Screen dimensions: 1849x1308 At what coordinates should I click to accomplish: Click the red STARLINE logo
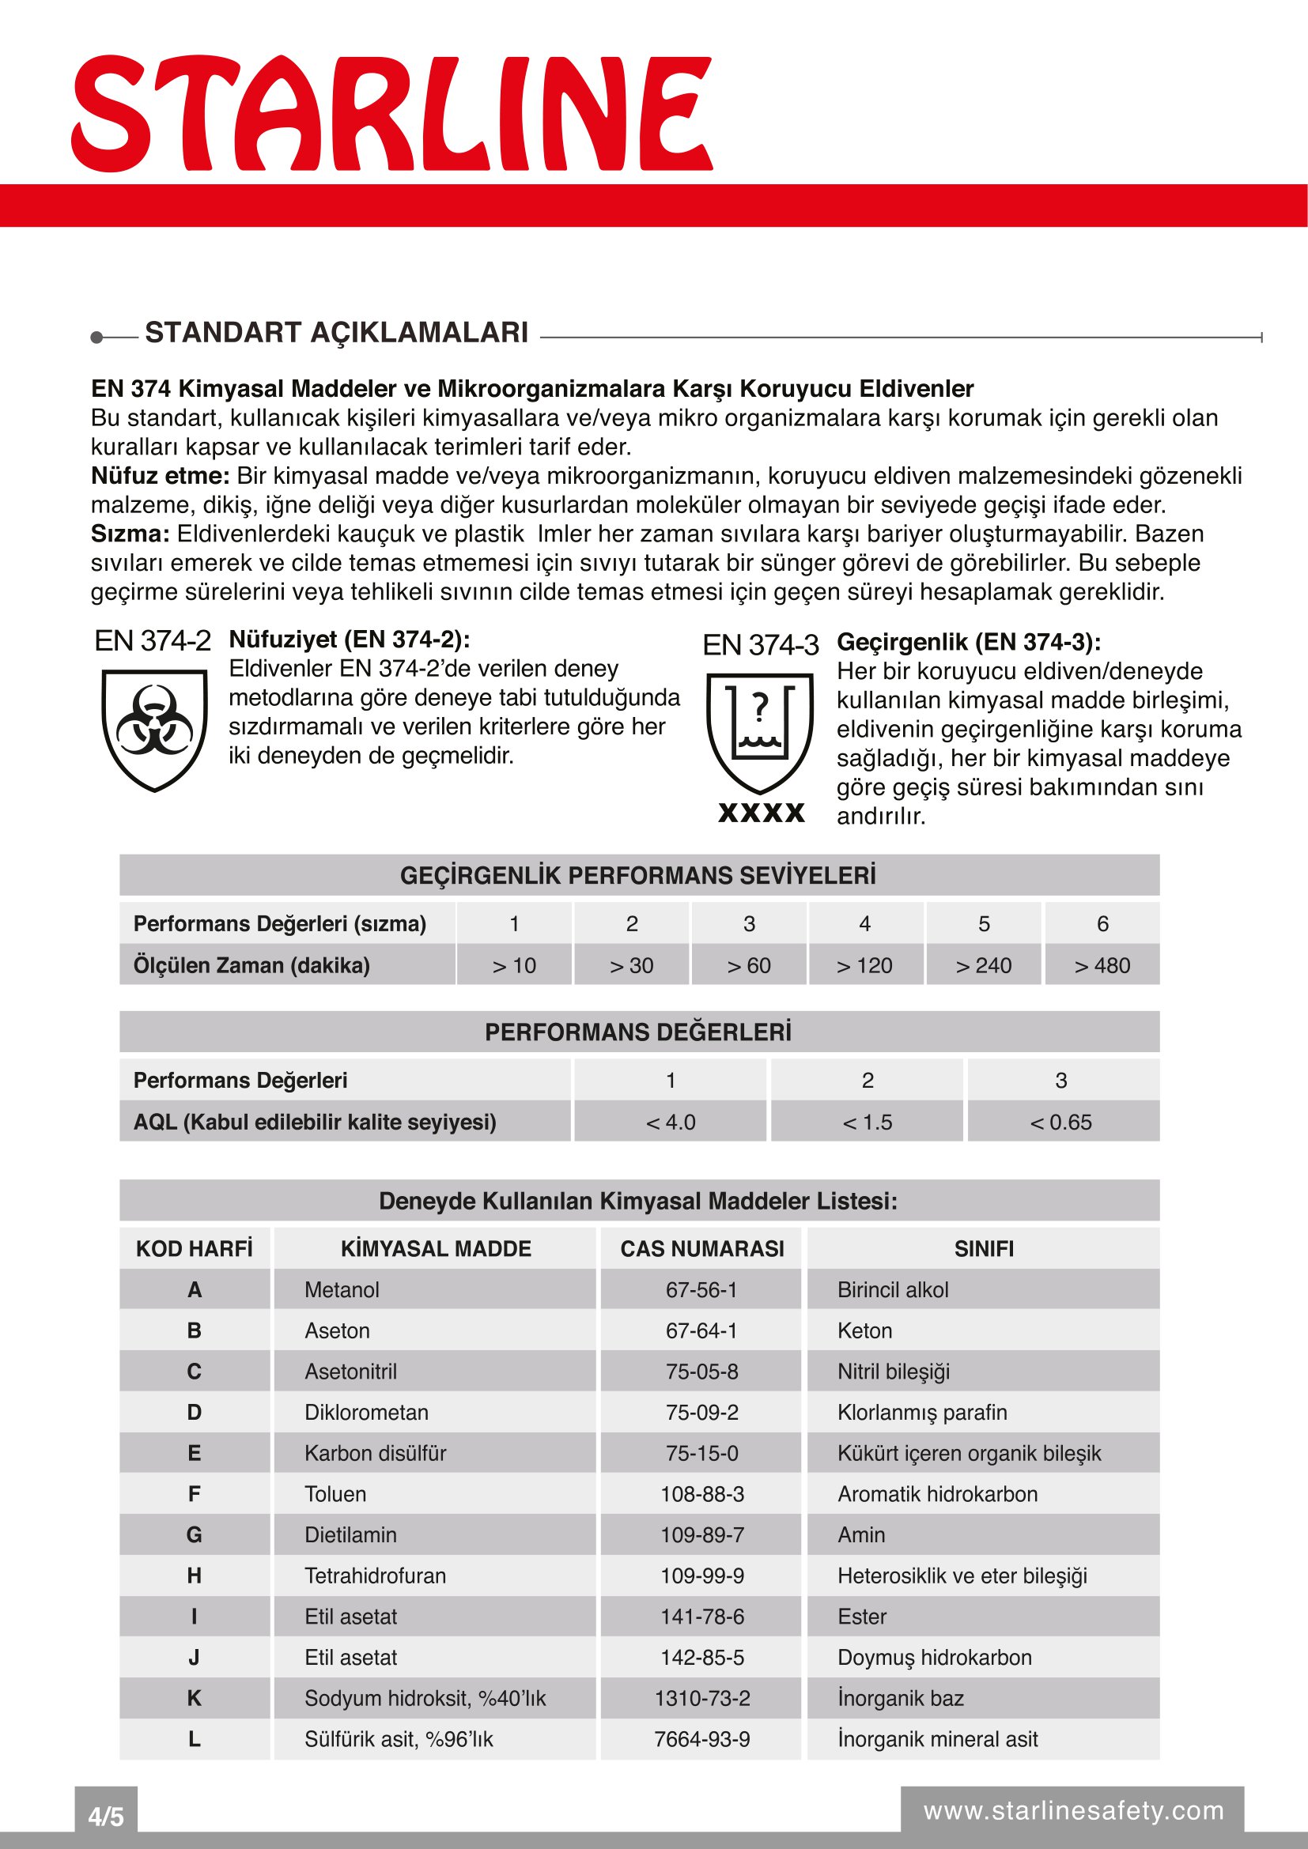tap(393, 113)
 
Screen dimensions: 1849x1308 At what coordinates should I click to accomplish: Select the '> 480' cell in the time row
tap(1102, 964)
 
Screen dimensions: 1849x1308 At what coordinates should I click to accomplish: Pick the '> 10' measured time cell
tap(514, 964)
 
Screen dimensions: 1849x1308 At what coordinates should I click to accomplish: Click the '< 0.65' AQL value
tap(1060, 1122)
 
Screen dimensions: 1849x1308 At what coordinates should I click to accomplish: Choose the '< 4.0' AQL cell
tap(670, 1122)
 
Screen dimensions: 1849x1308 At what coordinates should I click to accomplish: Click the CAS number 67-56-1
tap(701, 1289)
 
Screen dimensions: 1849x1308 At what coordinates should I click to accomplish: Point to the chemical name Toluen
tap(335, 1494)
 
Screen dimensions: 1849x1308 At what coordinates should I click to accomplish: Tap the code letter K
tap(194, 1698)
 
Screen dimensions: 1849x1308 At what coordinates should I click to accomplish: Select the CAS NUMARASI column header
tap(701, 1248)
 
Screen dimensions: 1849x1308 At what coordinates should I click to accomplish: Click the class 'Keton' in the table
tap(864, 1330)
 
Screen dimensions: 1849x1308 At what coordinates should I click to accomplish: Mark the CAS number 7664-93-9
tap(701, 1739)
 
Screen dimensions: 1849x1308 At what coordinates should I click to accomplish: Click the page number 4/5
tap(105, 1817)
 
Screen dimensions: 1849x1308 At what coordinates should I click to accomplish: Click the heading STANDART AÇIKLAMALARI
tap(336, 333)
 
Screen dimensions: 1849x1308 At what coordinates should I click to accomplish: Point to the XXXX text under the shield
tap(761, 813)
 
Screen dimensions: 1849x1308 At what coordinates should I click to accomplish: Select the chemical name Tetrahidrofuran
tap(375, 1576)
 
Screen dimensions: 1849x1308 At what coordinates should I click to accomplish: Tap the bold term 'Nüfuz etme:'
tap(161, 476)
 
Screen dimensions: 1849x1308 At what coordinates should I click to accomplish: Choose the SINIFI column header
tap(984, 1248)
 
